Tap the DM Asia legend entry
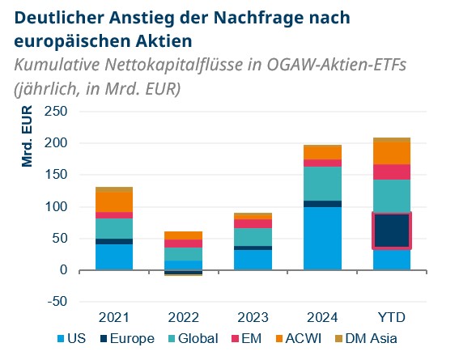(370, 339)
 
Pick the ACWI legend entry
(301, 339)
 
